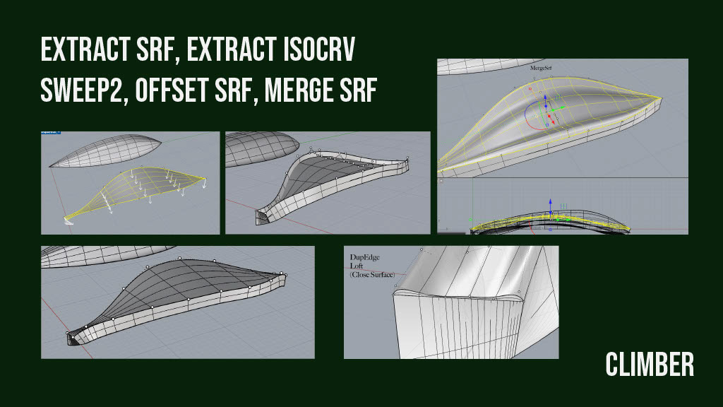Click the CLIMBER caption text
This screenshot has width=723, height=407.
(x=650, y=365)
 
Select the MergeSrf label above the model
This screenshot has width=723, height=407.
(x=540, y=69)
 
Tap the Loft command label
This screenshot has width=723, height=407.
(x=356, y=266)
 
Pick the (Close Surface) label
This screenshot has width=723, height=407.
(x=371, y=274)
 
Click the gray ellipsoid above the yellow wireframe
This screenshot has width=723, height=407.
(x=106, y=149)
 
